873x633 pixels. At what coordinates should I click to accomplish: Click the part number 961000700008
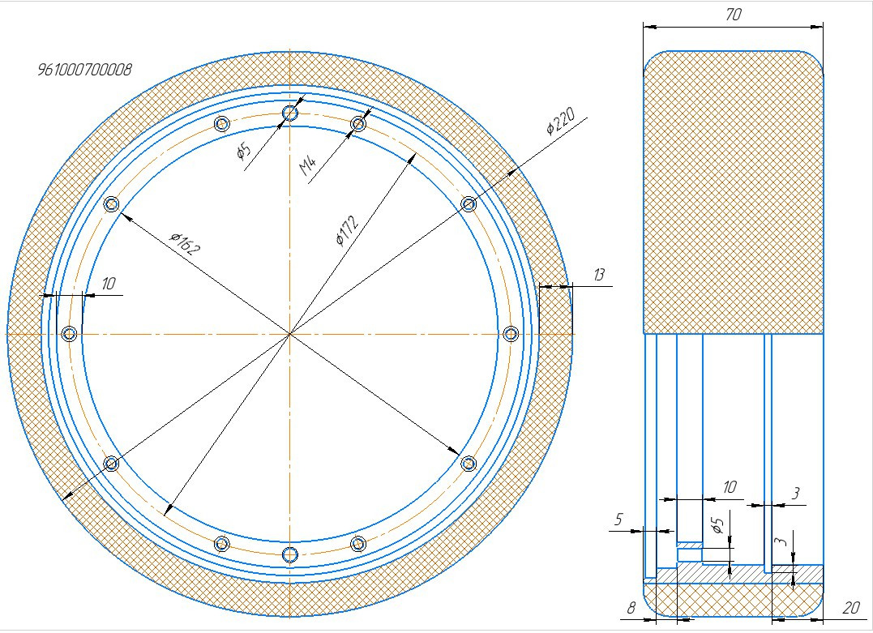click(x=84, y=70)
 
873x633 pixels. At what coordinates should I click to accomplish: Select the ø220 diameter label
click(x=561, y=122)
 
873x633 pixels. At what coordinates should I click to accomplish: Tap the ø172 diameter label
click(x=348, y=229)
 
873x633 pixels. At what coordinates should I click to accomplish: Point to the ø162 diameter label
click(x=184, y=243)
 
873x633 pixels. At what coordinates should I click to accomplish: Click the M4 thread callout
click(x=308, y=166)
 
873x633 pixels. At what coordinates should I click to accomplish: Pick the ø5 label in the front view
click(x=244, y=151)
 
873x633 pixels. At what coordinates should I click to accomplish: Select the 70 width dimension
click(x=734, y=15)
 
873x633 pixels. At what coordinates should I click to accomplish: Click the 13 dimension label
click(x=598, y=275)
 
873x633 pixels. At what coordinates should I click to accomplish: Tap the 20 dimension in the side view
click(x=851, y=607)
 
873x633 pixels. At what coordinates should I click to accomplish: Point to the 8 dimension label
click(x=631, y=607)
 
